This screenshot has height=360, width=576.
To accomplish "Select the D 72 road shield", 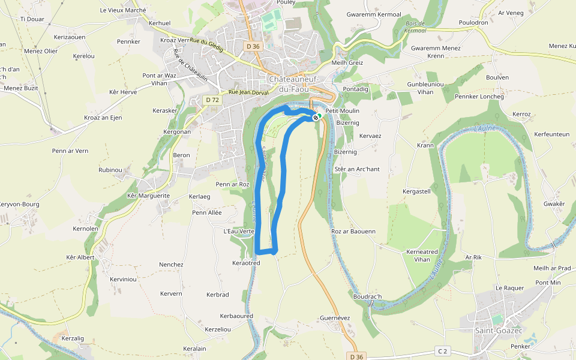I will pyautogui.click(x=212, y=100).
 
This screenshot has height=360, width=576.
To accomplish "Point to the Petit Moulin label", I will pyautogui.click(x=342, y=111).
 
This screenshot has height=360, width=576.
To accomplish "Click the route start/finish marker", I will pyautogui.click(x=316, y=117).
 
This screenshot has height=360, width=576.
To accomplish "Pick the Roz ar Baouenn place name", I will pyautogui.click(x=353, y=231).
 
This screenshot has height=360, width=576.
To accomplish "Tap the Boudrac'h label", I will pyautogui.click(x=367, y=296).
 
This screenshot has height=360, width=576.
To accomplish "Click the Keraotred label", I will pyautogui.click(x=245, y=263).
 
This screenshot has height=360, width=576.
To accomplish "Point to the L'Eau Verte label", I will pyautogui.click(x=239, y=231).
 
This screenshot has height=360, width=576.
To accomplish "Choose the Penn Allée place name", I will pyautogui.click(x=207, y=212).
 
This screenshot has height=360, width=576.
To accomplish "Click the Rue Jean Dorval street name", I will pyautogui.click(x=248, y=92).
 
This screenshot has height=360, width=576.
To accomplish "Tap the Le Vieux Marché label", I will pyautogui.click(x=123, y=10).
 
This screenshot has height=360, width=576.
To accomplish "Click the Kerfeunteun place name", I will pyautogui.click(x=551, y=134).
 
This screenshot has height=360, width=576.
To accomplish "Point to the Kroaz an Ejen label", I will pyautogui.click(x=103, y=118).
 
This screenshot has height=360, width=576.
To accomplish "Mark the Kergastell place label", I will pyautogui.click(x=416, y=191).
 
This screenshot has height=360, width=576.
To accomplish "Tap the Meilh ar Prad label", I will pyautogui.click(x=551, y=268).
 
